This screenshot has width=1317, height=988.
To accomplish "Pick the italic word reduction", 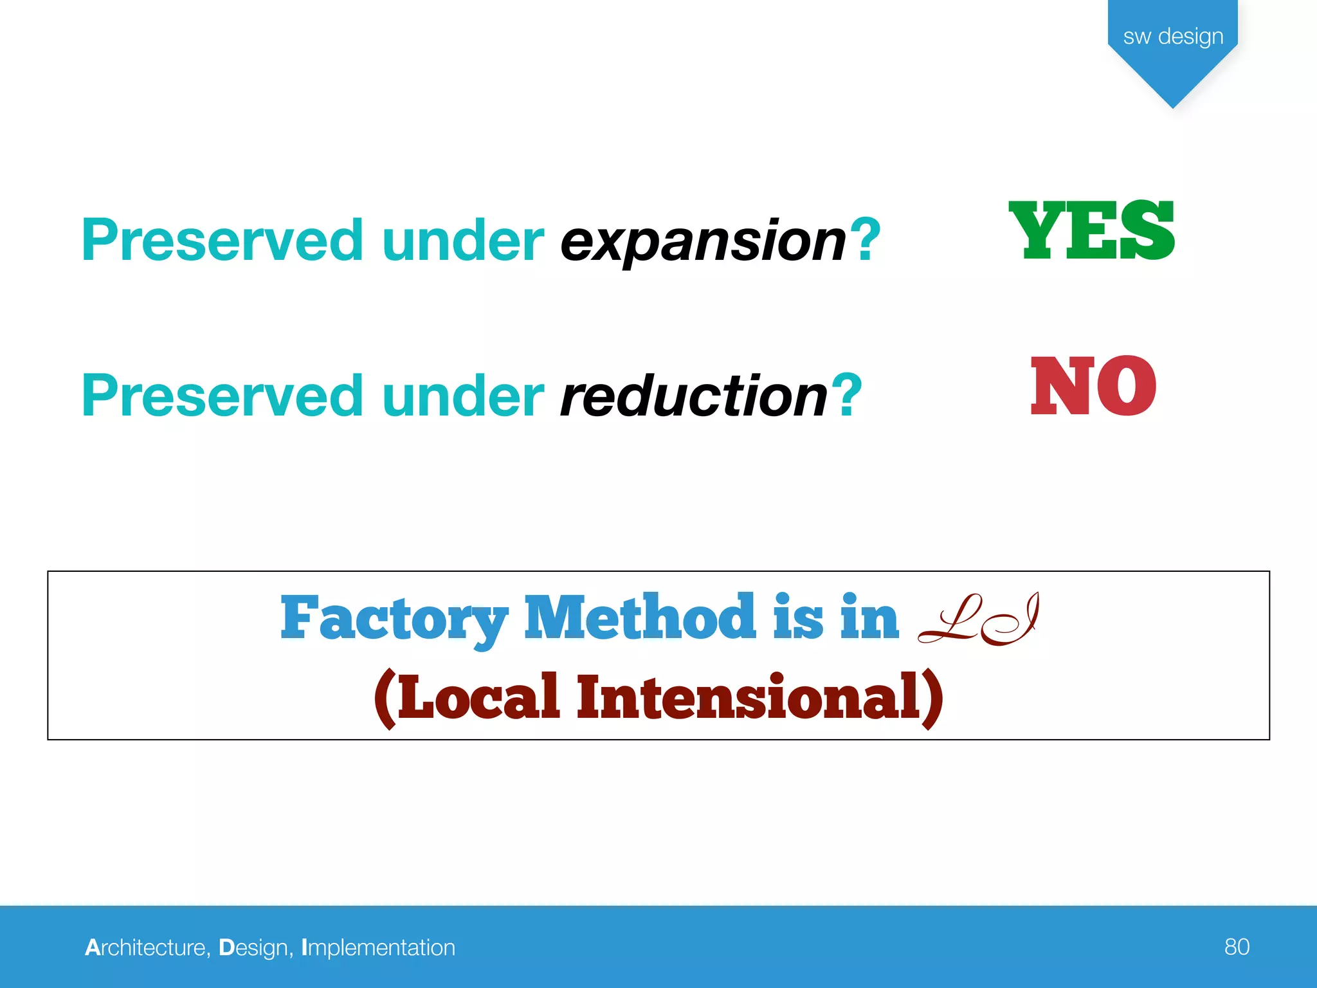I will [x=694, y=396].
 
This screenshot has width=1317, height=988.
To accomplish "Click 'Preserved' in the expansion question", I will [x=223, y=241].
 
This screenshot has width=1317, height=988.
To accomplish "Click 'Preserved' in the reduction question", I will [x=223, y=396].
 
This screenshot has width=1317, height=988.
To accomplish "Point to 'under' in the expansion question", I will [x=463, y=241].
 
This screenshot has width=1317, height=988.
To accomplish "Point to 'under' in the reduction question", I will [x=463, y=396].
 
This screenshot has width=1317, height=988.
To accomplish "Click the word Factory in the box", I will [x=394, y=619].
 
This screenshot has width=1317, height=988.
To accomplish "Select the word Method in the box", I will [x=640, y=617].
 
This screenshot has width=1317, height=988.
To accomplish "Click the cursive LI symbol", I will [x=978, y=619].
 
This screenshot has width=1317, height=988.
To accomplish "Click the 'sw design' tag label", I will [x=1173, y=36].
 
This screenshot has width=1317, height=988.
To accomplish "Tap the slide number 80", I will [x=1237, y=947].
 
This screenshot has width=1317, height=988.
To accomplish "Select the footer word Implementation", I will [x=378, y=947].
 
